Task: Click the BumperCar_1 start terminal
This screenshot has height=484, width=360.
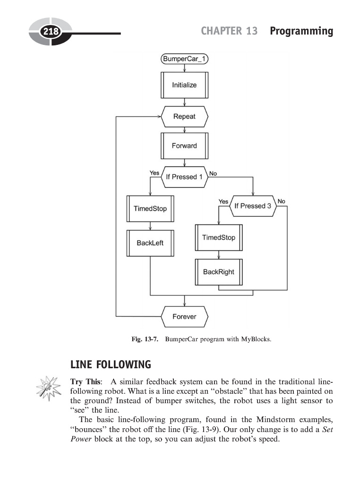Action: [x=184, y=59]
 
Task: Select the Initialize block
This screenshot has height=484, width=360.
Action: [x=184, y=85]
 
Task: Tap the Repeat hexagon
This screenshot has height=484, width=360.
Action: [x=184, y=117]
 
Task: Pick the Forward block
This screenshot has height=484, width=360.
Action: [x=184, y=146]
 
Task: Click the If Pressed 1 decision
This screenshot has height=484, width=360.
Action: [x=184, y=177]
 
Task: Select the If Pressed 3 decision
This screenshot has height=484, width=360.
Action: [x=253, y=206]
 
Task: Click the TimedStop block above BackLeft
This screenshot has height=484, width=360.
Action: [x=150, y=208]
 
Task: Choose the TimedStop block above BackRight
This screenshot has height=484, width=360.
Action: [x=218, y=237]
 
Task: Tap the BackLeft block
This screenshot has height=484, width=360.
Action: [x=150, y=243]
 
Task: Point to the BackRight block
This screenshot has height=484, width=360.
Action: [x=218, y=272]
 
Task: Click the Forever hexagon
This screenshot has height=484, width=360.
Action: [x=184, y=316]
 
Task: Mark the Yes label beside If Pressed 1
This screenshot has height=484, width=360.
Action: [x=154, y=173]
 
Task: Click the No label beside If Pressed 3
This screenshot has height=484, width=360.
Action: [x=282, y=201]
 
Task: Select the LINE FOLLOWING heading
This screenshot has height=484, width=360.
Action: [x=111, y=365]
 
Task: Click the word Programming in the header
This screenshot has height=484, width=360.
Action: [x=301, y=31]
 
